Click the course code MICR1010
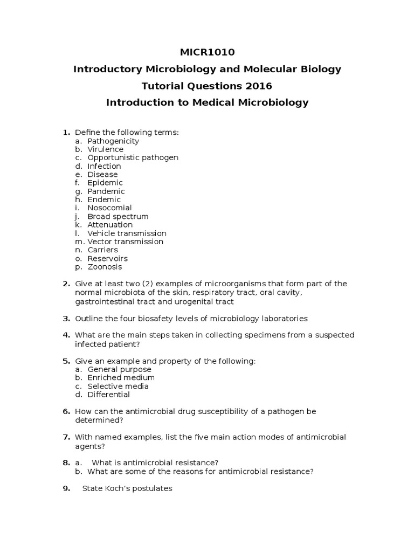click(207, 52)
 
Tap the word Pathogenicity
click(113, 141)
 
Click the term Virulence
click(105, 149)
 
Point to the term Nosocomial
click(109, 208)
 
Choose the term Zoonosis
click(105, 267)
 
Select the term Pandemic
click(106, 191)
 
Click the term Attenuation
click(110, 225)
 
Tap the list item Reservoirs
click(107, 259)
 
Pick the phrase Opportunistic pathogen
click(133, 157)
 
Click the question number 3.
click(66, 319)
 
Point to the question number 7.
click(66, 437)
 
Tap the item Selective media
click(118, 387)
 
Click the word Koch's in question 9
click(106, 488)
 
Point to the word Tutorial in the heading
click(161, 86)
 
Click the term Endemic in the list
click(104, 199)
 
